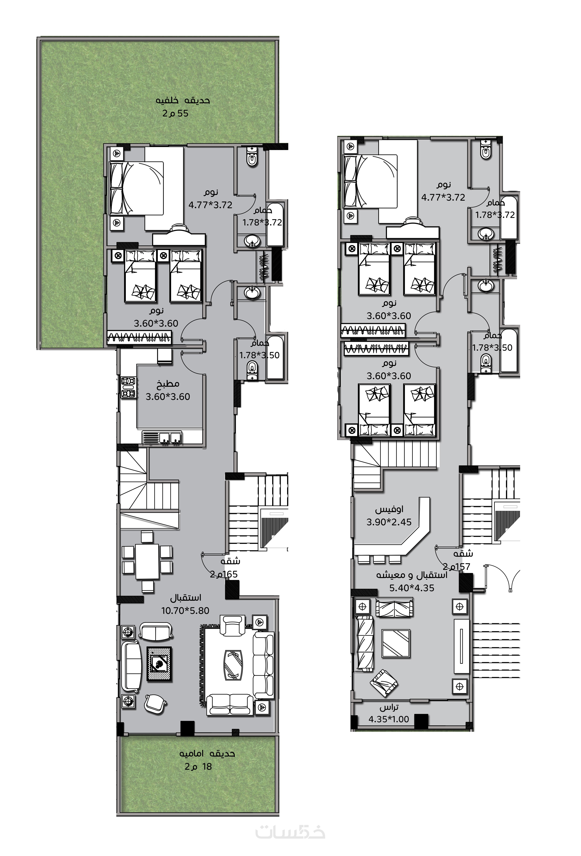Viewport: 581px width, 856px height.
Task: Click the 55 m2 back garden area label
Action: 175,113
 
